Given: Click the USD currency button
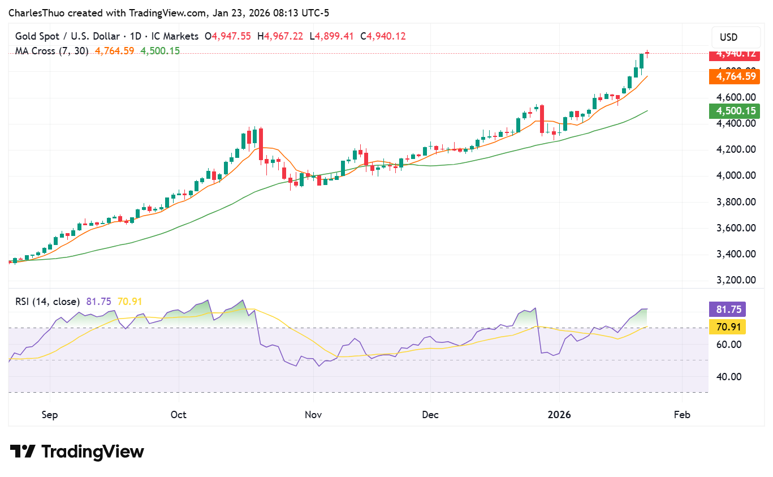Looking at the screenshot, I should (728, 37).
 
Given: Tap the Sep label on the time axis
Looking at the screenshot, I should (50, 415).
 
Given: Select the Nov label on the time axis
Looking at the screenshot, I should (313, 415).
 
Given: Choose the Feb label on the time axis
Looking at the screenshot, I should (682, 415).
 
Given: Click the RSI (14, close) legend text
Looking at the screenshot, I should (47, 302).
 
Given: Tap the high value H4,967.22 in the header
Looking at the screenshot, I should (281, 36).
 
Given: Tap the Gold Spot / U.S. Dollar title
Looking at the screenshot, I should (67, 36).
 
